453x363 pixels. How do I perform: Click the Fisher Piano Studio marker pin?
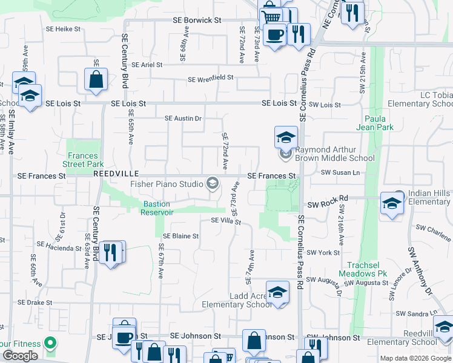tap(213, 183)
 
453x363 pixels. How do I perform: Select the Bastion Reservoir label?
tap(157, 208)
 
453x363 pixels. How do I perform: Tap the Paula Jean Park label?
tap(379, 123)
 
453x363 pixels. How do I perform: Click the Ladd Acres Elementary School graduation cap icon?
tap(277, 293)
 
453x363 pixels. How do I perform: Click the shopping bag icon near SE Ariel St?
tap(96, 79)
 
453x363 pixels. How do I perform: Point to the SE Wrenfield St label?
tap(211, 79)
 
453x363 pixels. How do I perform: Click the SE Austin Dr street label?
tap(183, 118)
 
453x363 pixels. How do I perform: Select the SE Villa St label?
tap(226, 221)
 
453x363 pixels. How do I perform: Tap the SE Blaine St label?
tap(181, 236)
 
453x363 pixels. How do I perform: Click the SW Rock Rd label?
tap(328, 198)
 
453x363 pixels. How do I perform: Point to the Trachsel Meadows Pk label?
tap(367, 269)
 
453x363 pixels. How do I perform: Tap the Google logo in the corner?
tap(20, 356)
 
